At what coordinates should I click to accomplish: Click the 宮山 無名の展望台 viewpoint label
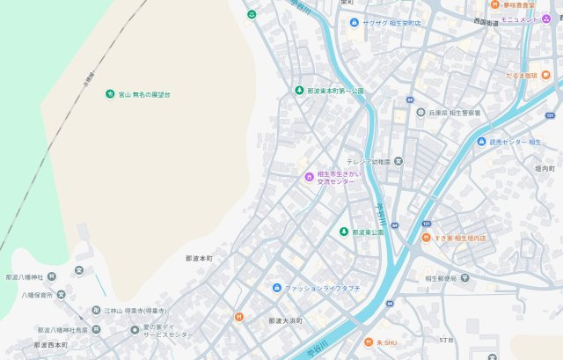(x=144, y=94)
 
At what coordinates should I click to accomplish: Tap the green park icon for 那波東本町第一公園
(x=299, y=91)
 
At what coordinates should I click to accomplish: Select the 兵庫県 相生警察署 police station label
(x=453, y=113)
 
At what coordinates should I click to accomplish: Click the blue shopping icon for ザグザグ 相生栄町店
(x=354, y=22)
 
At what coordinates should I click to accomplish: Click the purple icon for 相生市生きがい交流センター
(x=309, y=177)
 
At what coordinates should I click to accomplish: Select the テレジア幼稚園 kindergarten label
(x=369, y=161)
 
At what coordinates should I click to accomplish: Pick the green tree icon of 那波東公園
(x=344, y=231)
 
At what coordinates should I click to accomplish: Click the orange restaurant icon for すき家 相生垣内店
(x=425, y=238)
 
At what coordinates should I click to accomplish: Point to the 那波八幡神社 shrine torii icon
(x=78, y=270)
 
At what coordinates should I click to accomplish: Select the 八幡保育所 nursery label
(x=38, y=295)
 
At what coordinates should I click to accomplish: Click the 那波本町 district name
(x=200, y=259)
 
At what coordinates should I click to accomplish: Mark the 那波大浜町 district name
(x=285, y=320)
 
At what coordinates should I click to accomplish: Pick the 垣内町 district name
(x=545, y=167)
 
